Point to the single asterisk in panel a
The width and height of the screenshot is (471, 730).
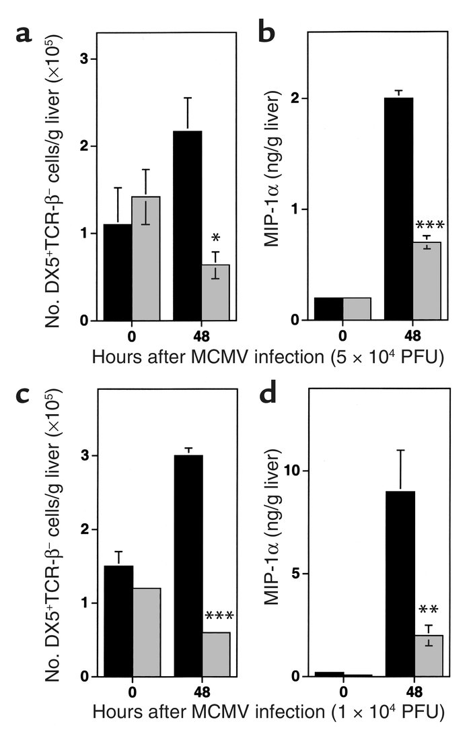point(215,239)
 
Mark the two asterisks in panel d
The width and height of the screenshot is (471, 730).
point(429,611)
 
